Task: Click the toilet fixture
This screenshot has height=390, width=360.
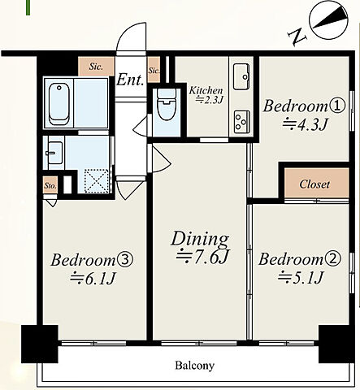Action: [x=167, y=105]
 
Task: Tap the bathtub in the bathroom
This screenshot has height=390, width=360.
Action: [x=59, y=104]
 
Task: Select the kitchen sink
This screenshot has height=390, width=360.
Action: [x=241, y=76]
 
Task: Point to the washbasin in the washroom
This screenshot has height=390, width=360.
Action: [x=55, y=153]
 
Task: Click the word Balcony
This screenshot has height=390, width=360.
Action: [x=194, y=366]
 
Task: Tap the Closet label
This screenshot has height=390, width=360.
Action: [x=314, y=184]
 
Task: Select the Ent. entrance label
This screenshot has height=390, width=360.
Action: [x=130, y=80]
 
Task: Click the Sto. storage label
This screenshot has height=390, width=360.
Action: [x=50, y=186]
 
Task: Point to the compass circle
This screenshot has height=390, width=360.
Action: [x=329, y=21]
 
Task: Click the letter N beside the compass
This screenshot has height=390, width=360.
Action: [x=297, y=37]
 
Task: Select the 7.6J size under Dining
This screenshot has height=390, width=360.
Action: [x=203, y=257]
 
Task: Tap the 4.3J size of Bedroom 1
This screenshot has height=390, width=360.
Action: [x=306, y=125]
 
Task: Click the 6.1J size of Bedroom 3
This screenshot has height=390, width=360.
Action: [x=93, y=279]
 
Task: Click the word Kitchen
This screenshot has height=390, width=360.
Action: [x=206, y=90]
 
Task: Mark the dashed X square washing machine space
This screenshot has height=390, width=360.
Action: [x=96, y=181]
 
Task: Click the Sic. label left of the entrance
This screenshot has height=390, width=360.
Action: [x=96, y=67]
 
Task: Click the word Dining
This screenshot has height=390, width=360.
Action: [x=200, y=239]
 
